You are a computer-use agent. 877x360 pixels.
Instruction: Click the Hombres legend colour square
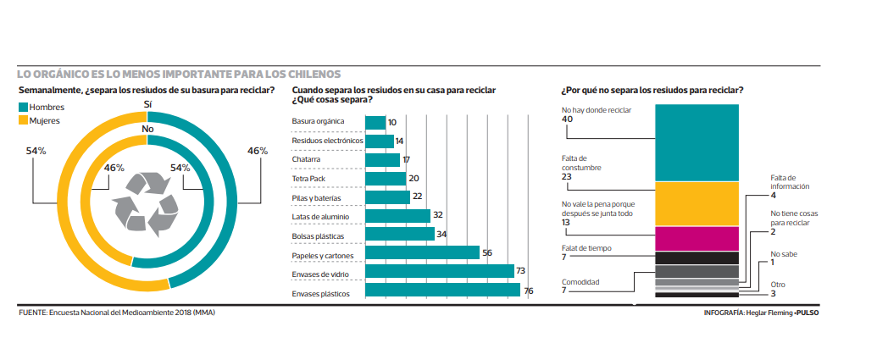pos(23,108)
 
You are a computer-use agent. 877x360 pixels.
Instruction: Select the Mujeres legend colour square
pos(23,121)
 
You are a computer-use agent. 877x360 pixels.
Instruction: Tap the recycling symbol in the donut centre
pos(147,203)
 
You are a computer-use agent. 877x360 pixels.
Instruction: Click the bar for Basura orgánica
pos(375,122)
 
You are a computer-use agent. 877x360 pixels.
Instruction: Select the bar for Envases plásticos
pos(442,291)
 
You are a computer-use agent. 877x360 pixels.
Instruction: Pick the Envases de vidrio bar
pos(440,272)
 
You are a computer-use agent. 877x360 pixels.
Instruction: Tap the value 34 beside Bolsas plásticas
pos(441,234)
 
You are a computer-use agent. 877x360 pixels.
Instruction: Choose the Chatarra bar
pos(382,159)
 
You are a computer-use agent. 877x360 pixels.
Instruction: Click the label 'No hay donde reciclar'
pos(597,110)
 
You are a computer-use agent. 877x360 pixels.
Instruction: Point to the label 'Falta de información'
pos(790,181)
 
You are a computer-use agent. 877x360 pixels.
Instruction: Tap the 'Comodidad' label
pos(580,281)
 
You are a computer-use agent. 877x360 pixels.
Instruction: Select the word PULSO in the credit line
pos(807,313)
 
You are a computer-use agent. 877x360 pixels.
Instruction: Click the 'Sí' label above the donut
pos(147,103)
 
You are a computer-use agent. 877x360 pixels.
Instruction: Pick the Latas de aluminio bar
pos(397,216)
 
